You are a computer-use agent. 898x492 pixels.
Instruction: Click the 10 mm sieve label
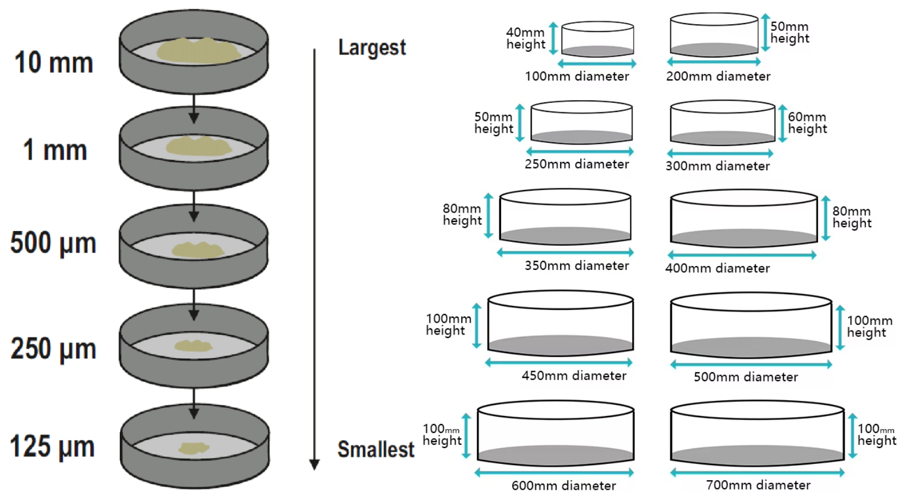pos(54,62)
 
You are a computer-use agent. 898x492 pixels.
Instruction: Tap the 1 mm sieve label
pos(55,150)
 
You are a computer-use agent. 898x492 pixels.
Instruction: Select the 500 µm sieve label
pos(53,243)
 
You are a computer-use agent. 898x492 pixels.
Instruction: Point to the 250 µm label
pos(53,349)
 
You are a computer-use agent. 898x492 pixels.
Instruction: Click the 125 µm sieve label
pos(52,446)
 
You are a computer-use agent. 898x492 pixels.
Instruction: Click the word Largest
pos(372,48)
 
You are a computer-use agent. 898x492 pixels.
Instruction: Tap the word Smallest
pos(376,449)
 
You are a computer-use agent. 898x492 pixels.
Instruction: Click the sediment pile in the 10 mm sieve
pos(198,51)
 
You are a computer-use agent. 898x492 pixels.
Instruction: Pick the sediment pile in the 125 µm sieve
pos(193,448)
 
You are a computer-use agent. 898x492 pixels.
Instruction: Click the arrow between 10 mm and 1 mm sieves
pos(194,109)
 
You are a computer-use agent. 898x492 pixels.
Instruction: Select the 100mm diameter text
pos(577,76)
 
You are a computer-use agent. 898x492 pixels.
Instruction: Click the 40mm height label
pos(526,38)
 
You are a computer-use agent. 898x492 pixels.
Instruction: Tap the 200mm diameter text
pos(718,76)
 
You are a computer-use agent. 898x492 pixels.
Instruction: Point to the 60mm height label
pos(807,123)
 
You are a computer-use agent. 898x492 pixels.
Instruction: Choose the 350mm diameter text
pos(577,265)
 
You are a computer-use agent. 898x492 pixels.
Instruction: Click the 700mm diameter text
pos(758,485)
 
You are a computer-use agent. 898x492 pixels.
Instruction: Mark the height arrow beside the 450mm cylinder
pos(477,326)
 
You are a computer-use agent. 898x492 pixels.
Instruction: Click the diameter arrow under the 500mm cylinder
pos(751,364)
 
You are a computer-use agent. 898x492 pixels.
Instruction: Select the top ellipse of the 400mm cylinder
pos(744,198)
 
